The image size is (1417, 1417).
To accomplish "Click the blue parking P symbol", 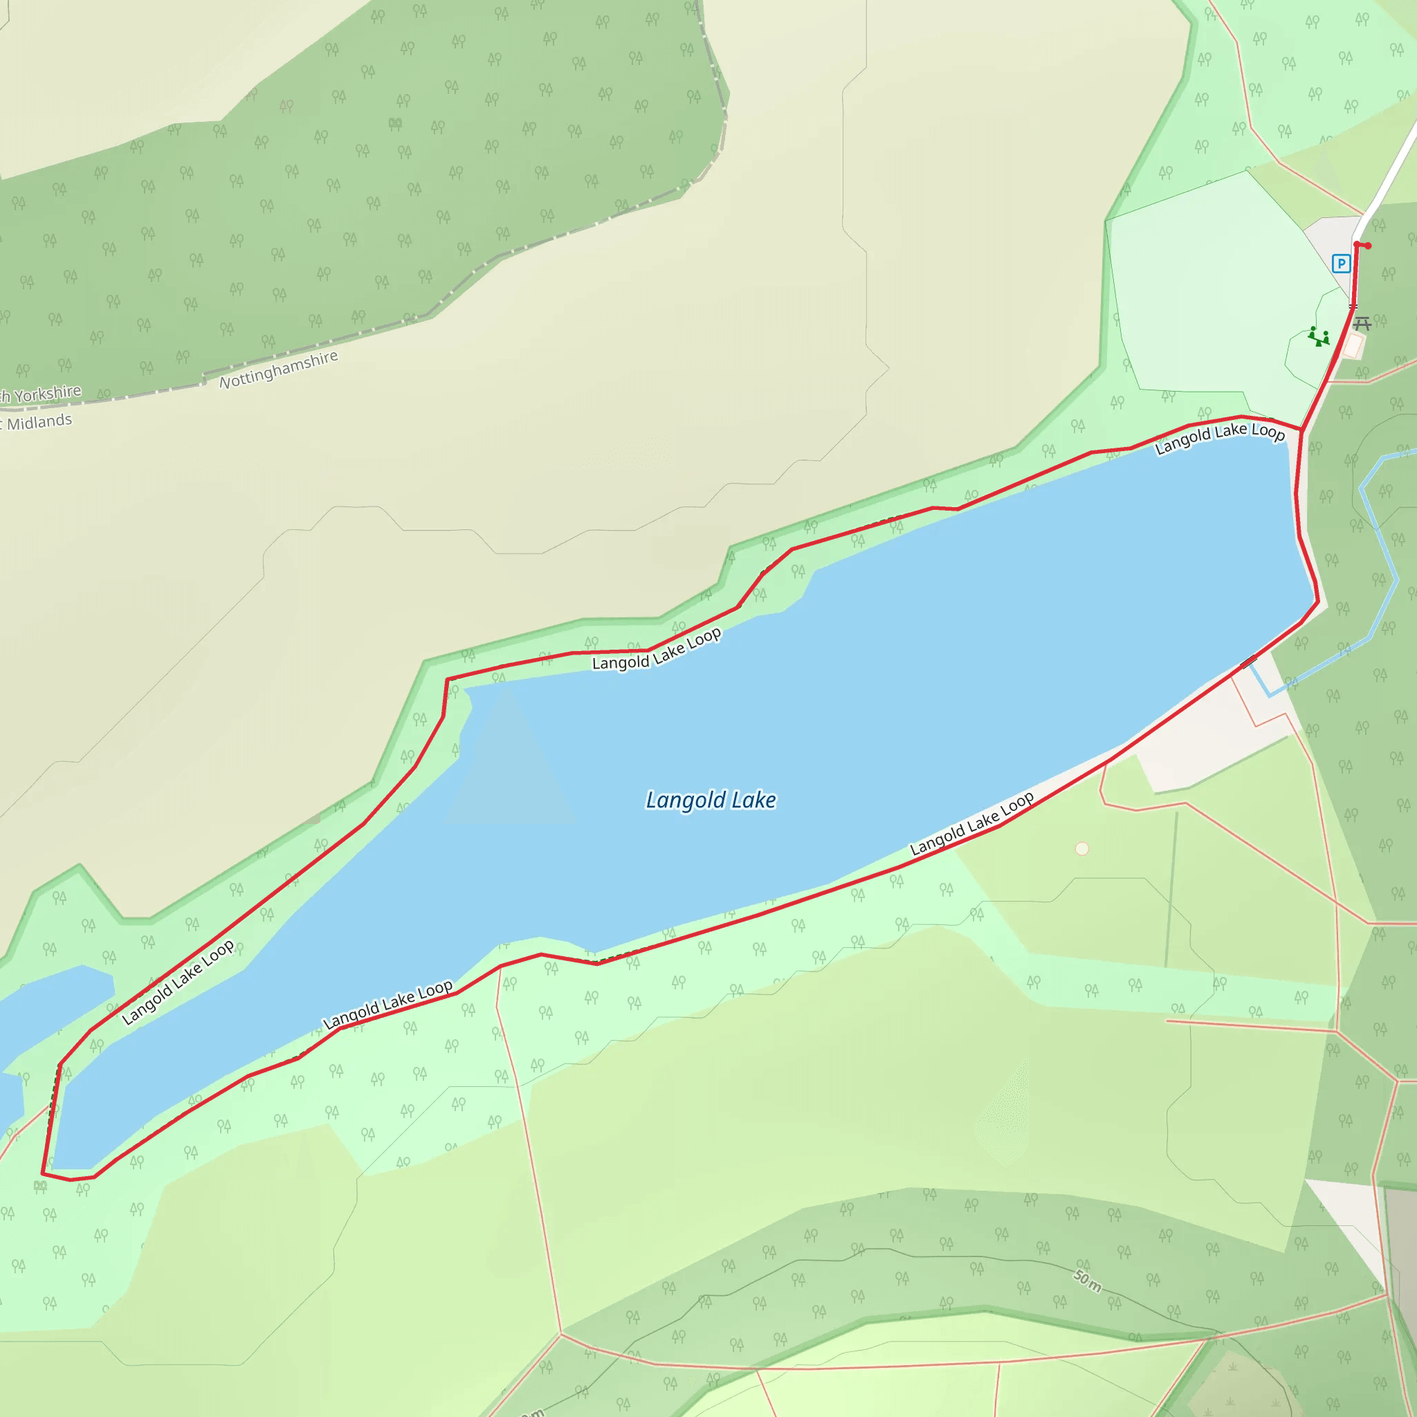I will [1341, 264].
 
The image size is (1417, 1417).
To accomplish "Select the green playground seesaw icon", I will [1319, 337].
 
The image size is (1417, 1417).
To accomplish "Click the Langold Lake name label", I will [710, 801].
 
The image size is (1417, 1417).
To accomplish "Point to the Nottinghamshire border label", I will [279, 369].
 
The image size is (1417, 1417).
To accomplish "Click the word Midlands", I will [39, 422].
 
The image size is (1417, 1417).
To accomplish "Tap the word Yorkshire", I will [47, 394].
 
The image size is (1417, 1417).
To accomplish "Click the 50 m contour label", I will [1088, 1281].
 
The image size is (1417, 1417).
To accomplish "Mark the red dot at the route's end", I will [1368, 246].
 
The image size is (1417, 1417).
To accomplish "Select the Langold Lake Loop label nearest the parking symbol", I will [1220, 437].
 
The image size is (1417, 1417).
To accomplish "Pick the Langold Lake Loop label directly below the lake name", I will [972, 823].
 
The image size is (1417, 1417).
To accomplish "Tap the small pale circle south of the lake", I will [1082, 848].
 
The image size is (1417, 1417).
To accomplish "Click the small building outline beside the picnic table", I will [1353, 346].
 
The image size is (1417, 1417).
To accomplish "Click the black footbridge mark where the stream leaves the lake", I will [1249, 662].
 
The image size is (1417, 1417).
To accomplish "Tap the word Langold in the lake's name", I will [685, 801].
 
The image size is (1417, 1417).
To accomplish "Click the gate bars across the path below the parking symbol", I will [1353, 307].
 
